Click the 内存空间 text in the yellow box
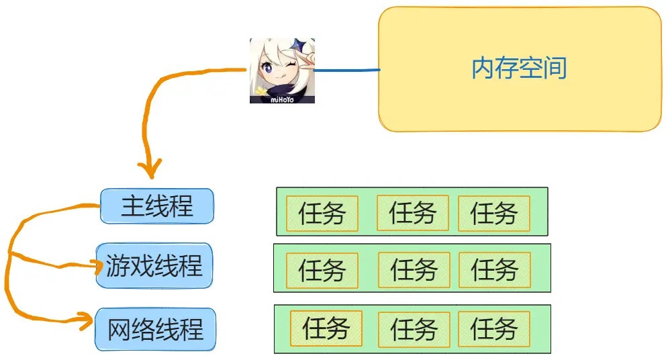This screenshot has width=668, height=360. (519, 68)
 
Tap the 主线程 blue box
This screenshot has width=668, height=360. (157, 206)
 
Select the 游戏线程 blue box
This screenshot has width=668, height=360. (154, 265)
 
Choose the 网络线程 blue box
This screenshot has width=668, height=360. (155, 329)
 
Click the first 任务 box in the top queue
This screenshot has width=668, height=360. (322, 214)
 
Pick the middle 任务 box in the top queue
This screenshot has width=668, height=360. (413, 213)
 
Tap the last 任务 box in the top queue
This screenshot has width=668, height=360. (493, 214)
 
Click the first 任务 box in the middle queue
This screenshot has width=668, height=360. (322, 271)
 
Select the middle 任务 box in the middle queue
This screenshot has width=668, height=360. (414, 270)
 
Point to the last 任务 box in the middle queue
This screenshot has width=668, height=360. (494, 270)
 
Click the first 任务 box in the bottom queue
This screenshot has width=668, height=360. (326, 329)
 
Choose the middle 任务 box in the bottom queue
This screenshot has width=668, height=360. (414, 329)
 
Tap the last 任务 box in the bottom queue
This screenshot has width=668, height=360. (493, 329)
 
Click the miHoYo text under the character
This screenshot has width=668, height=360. (282, 99)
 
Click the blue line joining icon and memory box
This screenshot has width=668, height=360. (347, 69)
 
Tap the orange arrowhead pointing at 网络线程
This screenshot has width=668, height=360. (86, 322)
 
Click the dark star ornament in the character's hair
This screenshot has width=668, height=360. (300, 47)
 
